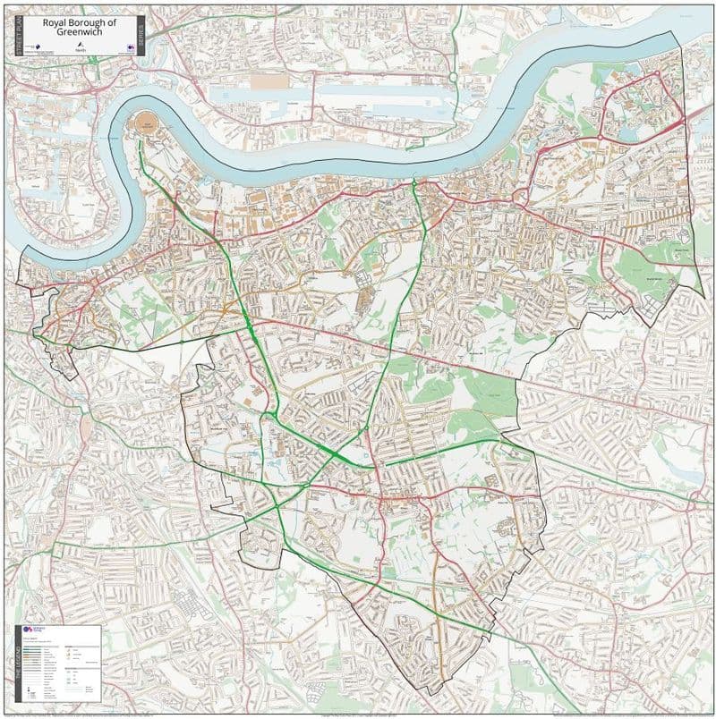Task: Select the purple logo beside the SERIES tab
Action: (131, 50)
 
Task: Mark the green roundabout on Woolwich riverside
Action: (414, 184)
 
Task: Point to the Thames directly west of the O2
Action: (115, 134)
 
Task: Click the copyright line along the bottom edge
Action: (358, 715)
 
